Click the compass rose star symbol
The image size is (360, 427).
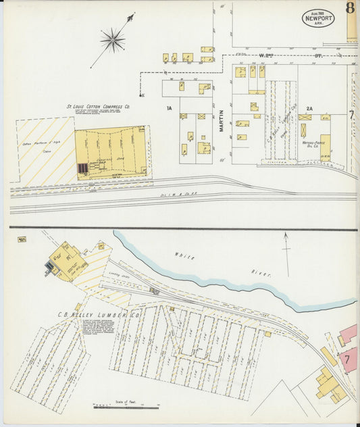pos(112,40)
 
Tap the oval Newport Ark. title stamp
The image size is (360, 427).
pos(318,18)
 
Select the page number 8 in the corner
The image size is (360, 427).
pos(350,9)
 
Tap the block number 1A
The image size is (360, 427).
pos(170,107)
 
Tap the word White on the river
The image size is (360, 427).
pos(184,256)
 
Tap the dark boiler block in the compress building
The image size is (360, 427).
pos(82,168)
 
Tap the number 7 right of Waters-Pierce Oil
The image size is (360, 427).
pos(351,115)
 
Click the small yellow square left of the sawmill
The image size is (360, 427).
pos(22,239)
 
